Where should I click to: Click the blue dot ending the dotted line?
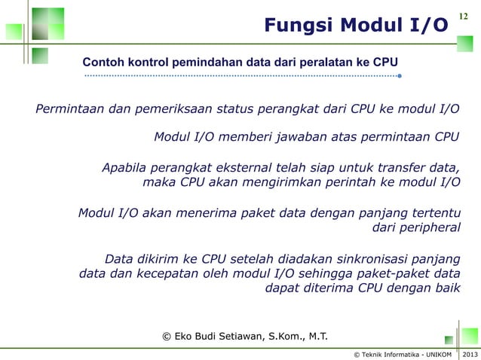point(399,75)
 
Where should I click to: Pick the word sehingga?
point(315,273)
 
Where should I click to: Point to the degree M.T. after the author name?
point(314,336)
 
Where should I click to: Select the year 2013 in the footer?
point(470,354)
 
